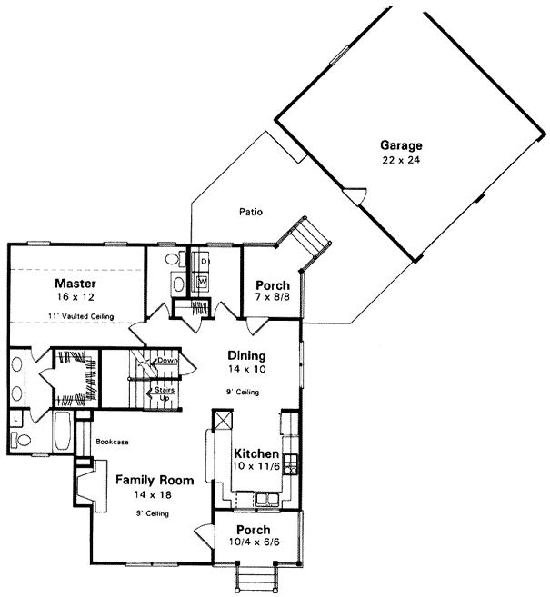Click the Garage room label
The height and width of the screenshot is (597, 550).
tap(401, 145)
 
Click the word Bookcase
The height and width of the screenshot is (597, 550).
tap(112, 442)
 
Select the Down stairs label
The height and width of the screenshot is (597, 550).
tap(166, 361)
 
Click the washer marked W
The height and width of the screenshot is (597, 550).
tap(202, 282)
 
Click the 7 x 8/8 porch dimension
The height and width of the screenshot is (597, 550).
tap(272, 297)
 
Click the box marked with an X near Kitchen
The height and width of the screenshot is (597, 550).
tap(224, 420)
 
